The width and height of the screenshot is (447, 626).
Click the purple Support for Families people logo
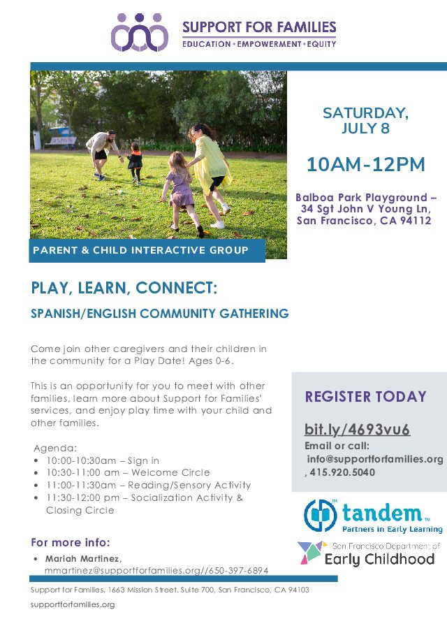coord(139,32)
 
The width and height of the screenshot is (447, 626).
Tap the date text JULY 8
coord(365,128)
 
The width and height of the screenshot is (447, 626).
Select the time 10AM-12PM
coord(365,164)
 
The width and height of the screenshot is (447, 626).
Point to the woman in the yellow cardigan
coord(210,174)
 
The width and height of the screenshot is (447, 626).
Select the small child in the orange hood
coord(135,163)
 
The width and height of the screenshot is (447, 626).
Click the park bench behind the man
coord(61,142)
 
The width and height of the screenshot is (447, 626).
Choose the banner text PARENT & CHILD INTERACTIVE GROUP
coord(140,250)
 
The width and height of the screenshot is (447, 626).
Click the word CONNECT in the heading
coord(176,288)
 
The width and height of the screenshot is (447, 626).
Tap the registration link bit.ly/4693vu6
coord(357,429)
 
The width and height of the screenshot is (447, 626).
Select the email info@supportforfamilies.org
coord(375,459)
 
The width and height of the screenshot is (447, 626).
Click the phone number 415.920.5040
coord(342,472)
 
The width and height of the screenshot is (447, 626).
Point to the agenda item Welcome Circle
coord(170,472)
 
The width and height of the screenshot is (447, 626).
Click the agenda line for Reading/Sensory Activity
coord(149,485)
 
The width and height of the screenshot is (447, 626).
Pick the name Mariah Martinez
coord(83,558)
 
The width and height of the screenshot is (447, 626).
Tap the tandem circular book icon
coord(321,515)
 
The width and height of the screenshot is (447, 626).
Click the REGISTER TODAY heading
coord(366,396)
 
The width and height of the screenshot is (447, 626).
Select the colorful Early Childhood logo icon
coord(312,552)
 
